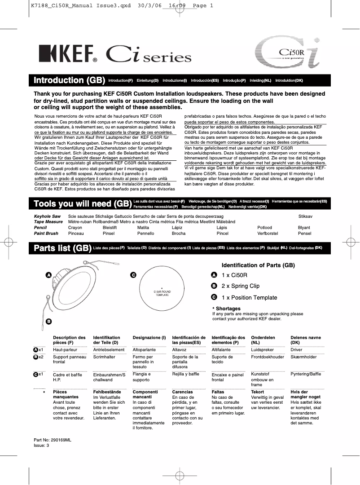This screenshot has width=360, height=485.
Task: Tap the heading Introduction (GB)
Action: click(x=69, y=80)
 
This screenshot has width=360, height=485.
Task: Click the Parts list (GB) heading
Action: click(x=62, y=248)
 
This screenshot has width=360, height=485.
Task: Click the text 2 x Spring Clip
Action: click(x=240, y=286)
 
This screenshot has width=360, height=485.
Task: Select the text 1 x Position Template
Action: click(x=249, y=298)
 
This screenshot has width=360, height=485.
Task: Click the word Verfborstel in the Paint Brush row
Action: click(x=268, y=234)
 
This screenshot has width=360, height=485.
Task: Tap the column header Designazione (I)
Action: click(x=149, y=337)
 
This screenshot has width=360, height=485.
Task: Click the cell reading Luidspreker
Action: click(x=262, y=349)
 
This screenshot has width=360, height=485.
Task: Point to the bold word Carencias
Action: click(x=182, y=392)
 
